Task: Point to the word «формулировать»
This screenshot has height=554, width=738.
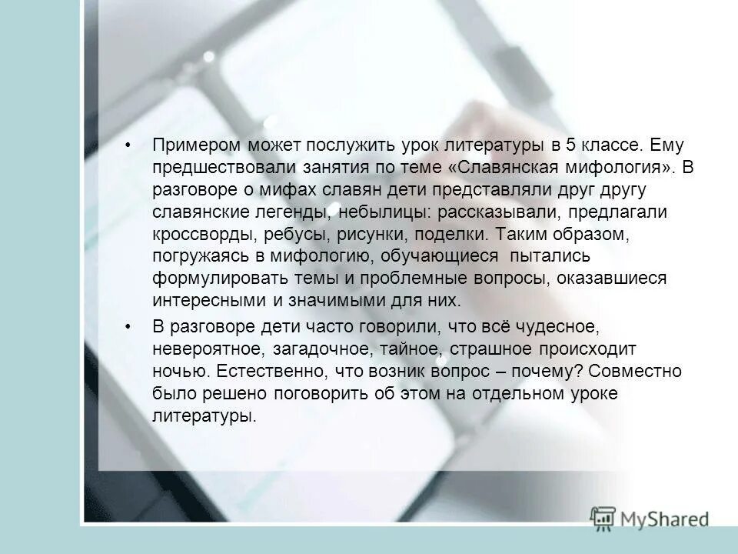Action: click(215, 279)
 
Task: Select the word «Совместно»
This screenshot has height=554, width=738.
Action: click(636, 371)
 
